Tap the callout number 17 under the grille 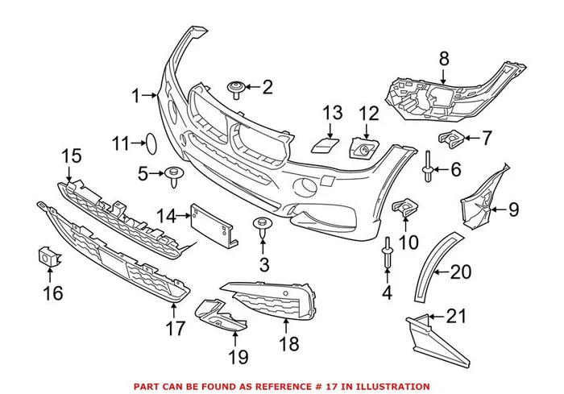pyautogui.click(x=176, y=328)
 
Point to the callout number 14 pyautogui.click(x=167, y=215)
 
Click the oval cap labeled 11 pyautogui.click(x=149, y=143)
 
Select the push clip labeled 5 pyautogui.click(x=174, y=174)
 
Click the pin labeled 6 pyautogui.click(x=428, y=168)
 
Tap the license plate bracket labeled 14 pyautogui.click(x=212, y=223)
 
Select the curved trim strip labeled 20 pyautogui.click(x=433, y=266)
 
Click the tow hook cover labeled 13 pyautogui.click(x=325, y=145)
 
